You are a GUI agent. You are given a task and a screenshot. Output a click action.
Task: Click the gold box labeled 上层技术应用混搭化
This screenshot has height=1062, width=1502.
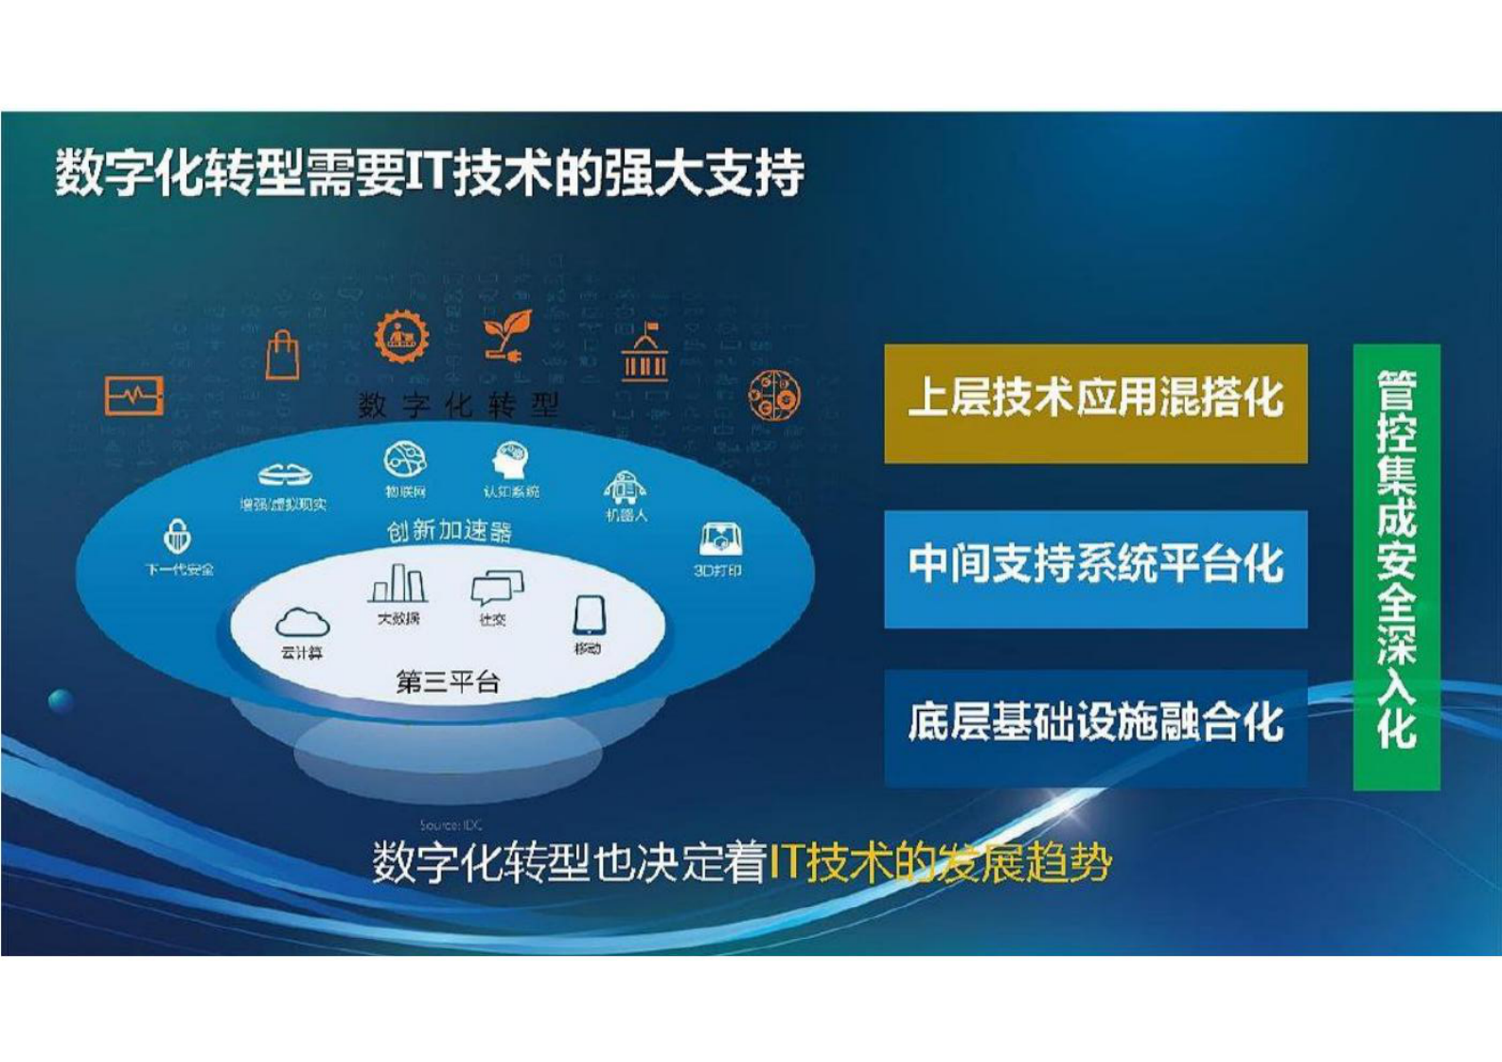pos(1095,403)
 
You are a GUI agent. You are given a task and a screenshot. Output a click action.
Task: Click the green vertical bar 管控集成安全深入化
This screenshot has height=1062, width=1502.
pos(1396,566)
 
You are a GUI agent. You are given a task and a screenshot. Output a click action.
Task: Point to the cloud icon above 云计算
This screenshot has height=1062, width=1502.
pos(302,623)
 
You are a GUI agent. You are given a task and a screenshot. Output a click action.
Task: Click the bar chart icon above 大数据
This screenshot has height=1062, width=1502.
pos(398,584)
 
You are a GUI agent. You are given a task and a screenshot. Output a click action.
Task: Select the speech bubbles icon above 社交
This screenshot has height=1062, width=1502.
pos(496,588)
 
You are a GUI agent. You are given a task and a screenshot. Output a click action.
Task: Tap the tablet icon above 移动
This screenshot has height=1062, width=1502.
pos(588,615)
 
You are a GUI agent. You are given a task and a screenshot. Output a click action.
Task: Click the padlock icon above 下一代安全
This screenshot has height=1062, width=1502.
pos(177,537)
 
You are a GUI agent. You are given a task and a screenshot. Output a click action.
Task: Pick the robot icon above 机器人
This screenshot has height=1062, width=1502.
pos(625,487)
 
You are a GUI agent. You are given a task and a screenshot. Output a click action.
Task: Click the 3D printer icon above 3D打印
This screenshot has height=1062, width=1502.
pos(720,540)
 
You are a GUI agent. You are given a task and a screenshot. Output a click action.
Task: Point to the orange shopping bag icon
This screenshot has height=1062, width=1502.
pos(282,355)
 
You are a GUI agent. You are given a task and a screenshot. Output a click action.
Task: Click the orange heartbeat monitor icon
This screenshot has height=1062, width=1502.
pos(133,396)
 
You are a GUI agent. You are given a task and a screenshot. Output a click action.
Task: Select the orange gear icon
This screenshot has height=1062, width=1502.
pos(401,336)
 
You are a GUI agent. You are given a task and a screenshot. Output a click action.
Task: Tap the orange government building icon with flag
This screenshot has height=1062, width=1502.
pos(645,353)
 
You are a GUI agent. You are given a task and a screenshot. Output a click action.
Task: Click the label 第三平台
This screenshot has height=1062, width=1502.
pos(447,681)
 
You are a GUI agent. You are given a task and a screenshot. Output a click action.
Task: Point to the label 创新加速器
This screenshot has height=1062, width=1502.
pos(449,531)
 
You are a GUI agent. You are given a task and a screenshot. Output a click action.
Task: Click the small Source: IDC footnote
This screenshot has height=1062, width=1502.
pos(451,824)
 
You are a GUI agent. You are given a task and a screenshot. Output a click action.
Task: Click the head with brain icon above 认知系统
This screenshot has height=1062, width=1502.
pos(511,461)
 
